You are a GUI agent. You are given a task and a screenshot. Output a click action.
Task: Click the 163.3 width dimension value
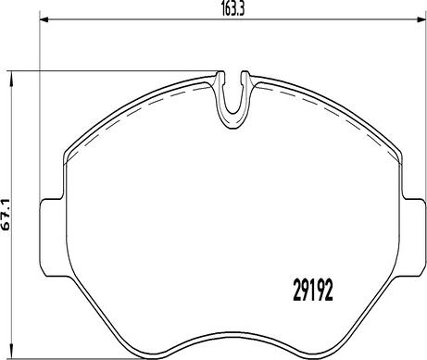[233, 10]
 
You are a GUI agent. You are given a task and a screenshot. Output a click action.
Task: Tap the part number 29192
[313, 290]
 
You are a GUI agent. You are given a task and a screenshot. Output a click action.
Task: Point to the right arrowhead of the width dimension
[421, 20]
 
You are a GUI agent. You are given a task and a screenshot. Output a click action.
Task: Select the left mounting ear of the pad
[53, 238]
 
